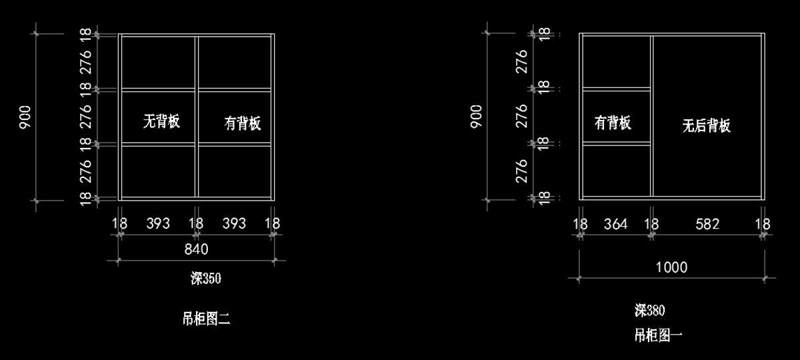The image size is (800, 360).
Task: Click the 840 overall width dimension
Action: pyautogui.click(x=196, y=249)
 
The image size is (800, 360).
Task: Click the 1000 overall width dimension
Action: pyautogui.click(x=671, y=267)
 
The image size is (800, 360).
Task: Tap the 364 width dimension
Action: pyautogui.click(x=615, y=224)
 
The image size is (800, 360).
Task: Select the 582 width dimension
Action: pyautogui.click(x=707, y=224)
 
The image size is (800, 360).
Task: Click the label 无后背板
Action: pyautogui.click(x=706, y=126)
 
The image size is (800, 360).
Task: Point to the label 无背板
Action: pyautogui.click(x=162, y=121)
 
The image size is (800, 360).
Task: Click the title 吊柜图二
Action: pyautogui.click(x=205, y=319)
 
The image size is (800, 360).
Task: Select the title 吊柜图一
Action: pyautogui.click(x=658, y=335)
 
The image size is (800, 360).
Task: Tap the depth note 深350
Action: pyautogui.click(x=205, y=279)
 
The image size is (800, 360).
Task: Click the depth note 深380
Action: pyautogui.click(x=650, y=310)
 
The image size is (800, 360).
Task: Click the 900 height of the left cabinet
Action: pyautogui.click(x=25, y=117)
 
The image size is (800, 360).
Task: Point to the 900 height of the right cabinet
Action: pyautogui.click(x=477, y=116)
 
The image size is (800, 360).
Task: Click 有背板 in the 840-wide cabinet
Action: pyautogui.click(x=242, y=123)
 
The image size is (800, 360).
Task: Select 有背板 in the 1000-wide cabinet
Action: pyautogui.click(x=613, y=123)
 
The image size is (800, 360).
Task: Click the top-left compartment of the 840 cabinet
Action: pyautogui.click(x=159, y=61)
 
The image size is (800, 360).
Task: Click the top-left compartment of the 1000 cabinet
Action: pyautogui.click(x=616, y=61)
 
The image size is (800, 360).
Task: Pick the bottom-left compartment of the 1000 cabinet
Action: pyautogui.click(x=616, y=171)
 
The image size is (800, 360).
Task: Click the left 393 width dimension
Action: pyautogui.click(x=158, y=223)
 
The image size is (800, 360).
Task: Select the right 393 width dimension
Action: pyautogui.click(x=234, y=223)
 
